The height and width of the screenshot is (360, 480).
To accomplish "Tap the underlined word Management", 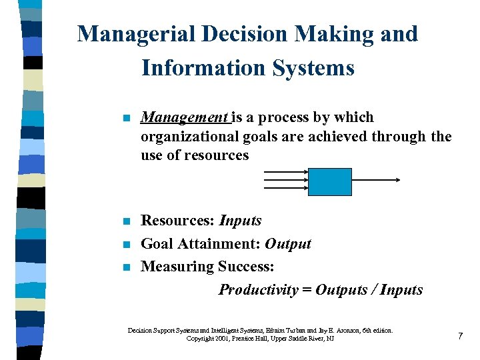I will [x=185, y=117].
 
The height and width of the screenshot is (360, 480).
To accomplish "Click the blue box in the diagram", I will [x=329, y=181].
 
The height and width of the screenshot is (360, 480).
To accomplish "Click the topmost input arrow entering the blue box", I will [x=286, y=172].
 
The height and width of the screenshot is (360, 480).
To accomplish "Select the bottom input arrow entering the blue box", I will [x=286, y=188].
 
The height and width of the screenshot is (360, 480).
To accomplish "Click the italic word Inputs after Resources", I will [x=240, y=221].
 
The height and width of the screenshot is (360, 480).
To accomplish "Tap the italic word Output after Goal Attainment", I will [x=288, y=243].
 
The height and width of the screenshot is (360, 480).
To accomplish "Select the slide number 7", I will [x=460, y=336].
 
